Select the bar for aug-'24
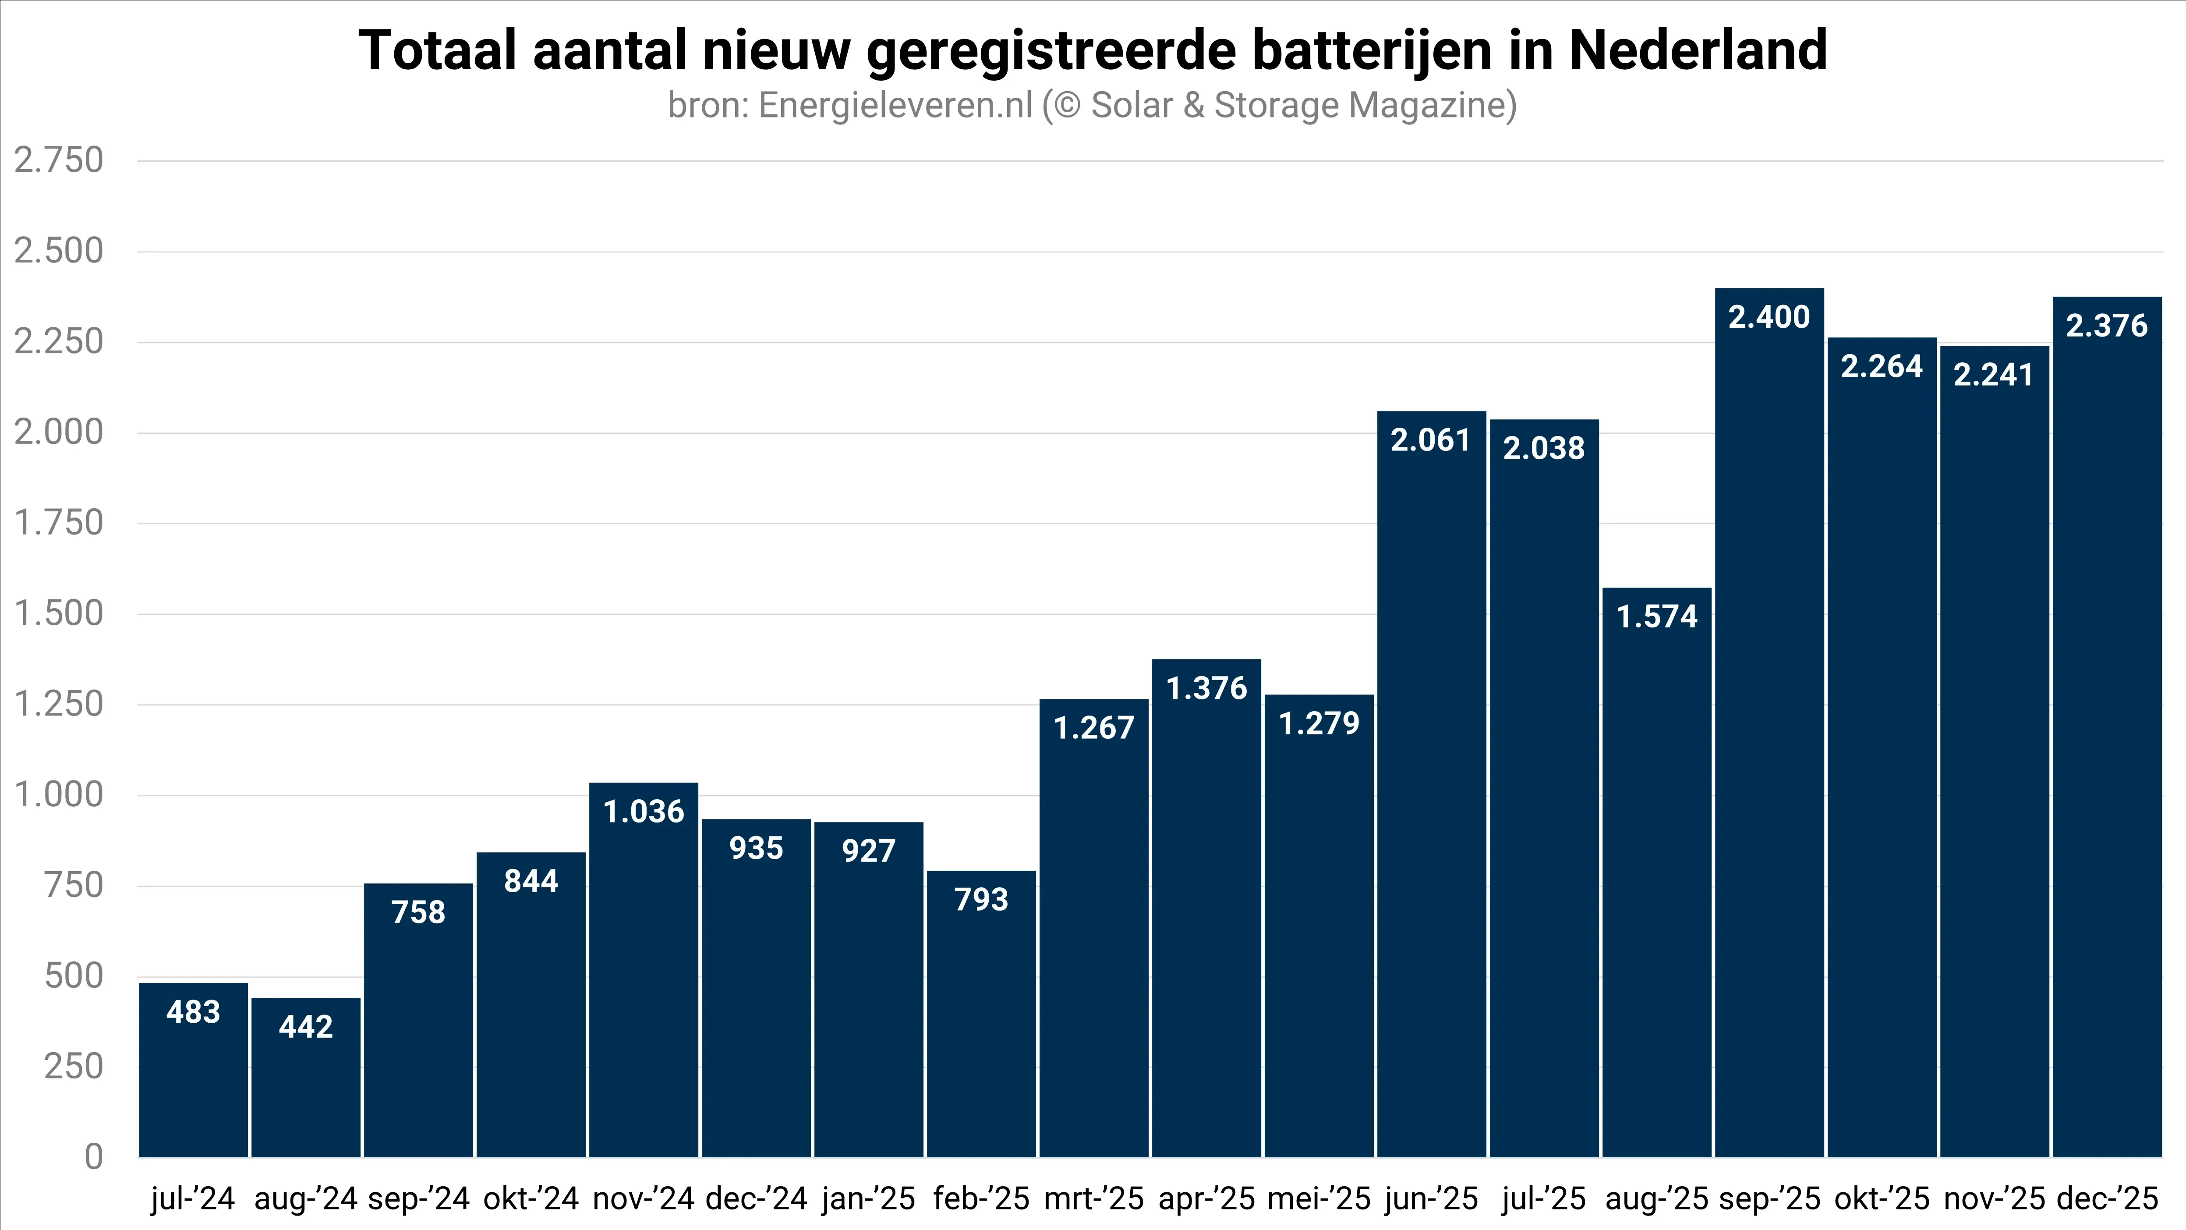305,1078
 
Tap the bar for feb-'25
981,1014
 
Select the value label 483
194,1012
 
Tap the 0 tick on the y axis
93,1157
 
